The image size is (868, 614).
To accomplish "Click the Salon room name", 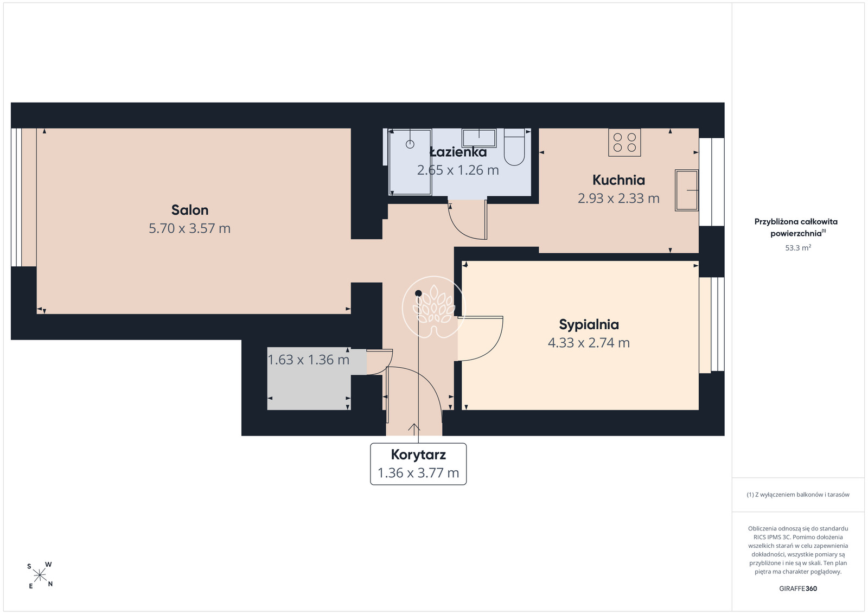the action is (190, 210).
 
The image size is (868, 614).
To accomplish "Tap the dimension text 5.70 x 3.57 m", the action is (190, 228).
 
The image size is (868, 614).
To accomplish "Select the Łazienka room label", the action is (458, 152).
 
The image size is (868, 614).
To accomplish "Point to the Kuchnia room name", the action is (618, 180).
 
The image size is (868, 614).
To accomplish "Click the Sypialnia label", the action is (589, 324).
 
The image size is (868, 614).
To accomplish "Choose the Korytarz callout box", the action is (418, 464).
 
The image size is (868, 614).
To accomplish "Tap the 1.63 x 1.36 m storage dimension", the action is (309, 360).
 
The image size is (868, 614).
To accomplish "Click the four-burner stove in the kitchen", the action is (624, 143).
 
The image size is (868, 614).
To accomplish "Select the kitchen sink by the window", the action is (686, 190).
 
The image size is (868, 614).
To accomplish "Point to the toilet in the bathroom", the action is (514, 147).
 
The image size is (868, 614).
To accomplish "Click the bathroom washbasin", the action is (479, 138).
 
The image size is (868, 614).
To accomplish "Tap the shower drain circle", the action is (410, 144).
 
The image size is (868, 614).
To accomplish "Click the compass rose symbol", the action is (40, 575).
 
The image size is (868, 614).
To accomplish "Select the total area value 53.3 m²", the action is (798, 248).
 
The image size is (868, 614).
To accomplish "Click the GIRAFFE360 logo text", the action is (798, 589).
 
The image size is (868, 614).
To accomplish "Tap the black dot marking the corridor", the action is (418, 293).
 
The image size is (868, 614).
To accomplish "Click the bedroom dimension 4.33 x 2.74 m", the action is (589, 343).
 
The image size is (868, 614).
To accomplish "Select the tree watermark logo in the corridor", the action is (433, 307).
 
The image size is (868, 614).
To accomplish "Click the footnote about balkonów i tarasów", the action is (798, 495).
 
